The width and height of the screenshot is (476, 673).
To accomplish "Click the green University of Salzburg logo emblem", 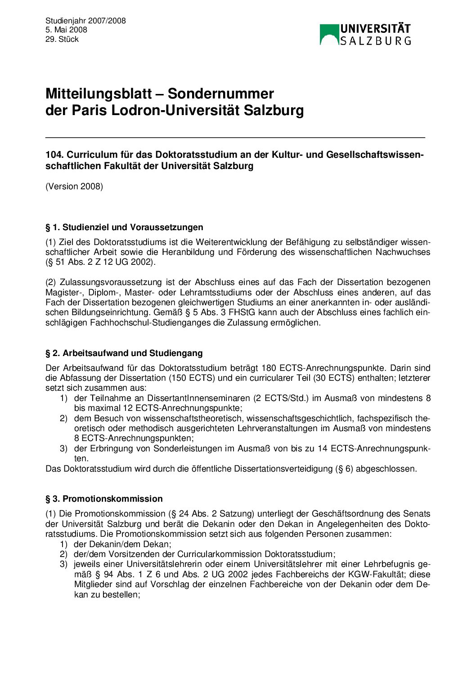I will click(x=329, y=35).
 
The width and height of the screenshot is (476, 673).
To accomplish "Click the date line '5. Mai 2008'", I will click(x=66, y=30).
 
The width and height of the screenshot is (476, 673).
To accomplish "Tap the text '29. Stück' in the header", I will click(x=62, y=39).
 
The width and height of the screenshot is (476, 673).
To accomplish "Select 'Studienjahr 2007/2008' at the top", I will click(x=85, y=21).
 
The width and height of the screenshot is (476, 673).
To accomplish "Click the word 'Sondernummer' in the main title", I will click(x=220, y=94).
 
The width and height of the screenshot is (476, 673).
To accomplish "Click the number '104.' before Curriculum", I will click(x=55, y=155).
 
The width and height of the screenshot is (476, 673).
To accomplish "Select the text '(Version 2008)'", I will click(x=74, y=186).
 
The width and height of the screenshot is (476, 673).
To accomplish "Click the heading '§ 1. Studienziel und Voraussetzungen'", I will click(x=124, y=227).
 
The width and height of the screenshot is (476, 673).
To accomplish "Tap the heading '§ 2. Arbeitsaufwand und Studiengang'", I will click(x=124, y=353).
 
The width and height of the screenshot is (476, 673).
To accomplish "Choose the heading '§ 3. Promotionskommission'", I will click(x=104, y=499).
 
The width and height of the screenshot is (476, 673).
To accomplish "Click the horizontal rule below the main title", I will click(x=235, y=137).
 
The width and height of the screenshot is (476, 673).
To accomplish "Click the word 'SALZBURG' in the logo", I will click(x=375, y=41).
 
